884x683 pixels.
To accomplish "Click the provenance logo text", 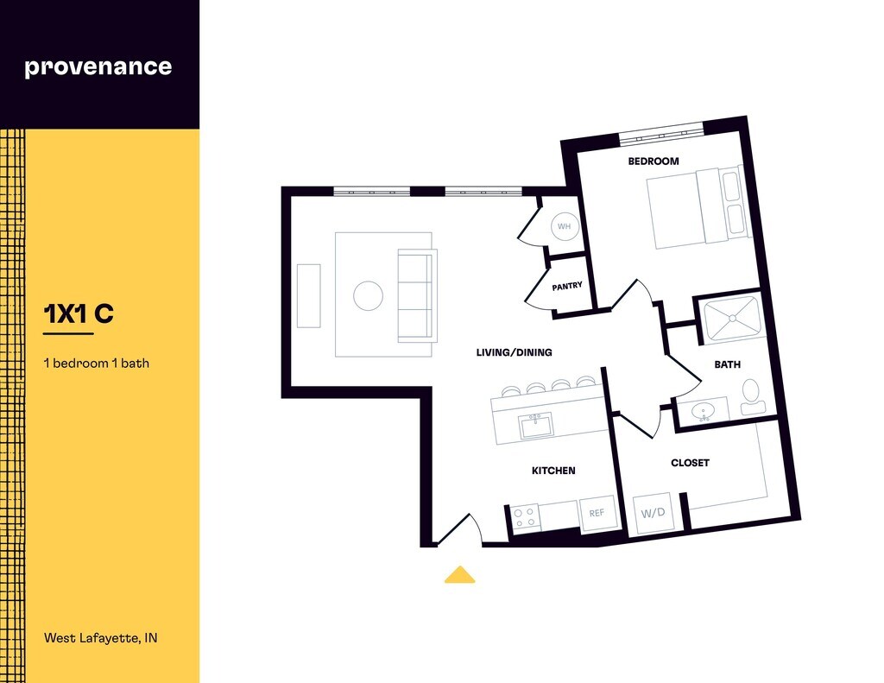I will tap(98, 66).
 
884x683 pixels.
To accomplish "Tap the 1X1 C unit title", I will tap(79, 314).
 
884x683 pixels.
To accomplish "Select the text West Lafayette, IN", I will tap(101, 639).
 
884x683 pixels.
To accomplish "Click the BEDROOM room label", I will tap(653, 161).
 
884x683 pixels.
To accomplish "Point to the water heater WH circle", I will tap(565, 226).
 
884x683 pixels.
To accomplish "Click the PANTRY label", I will tap(567, 286).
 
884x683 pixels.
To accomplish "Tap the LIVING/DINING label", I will tap(514, 352).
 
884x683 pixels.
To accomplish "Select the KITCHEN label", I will tap(552, 471).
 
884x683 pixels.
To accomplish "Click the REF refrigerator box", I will tap(597, 513).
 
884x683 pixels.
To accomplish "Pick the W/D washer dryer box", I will tap(653, 513).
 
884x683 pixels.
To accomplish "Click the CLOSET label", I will tap(690, 463).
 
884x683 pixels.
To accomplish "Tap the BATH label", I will tap(727, 364).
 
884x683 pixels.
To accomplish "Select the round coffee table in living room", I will tap(368, 296).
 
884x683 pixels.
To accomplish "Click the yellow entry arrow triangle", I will tap(459, 575).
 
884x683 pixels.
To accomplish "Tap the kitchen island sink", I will tap(535, 425).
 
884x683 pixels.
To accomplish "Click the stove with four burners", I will tap(525, 516).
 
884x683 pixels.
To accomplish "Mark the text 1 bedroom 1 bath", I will tap(96, 363).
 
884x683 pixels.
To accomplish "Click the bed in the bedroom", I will tap(696, 207).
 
